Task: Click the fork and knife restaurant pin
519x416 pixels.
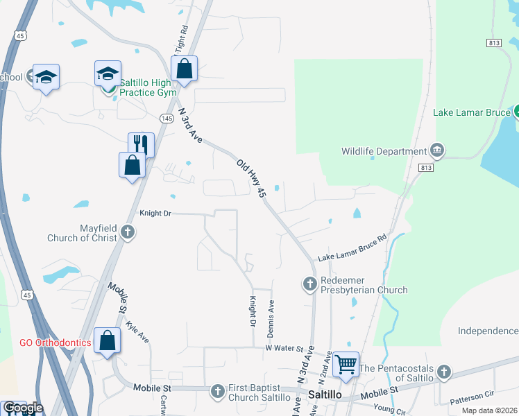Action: tap(141, 144)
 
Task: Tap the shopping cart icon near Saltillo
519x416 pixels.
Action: tap(346, 363)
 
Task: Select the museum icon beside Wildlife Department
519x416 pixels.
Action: tap(437, 150)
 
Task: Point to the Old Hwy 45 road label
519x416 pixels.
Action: tap(252, 180)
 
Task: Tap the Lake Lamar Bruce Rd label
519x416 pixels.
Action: tap(352, 248)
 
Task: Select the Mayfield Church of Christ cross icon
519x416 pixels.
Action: tap(127, 232)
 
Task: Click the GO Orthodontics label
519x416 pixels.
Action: tap(55, 343)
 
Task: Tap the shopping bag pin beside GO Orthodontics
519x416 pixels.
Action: tap(107, 340)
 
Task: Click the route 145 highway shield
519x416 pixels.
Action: tap(166, 119)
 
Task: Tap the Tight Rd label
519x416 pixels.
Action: tap(183, 40)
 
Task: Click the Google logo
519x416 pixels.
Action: tap(22, 408)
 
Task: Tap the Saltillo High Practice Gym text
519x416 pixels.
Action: tap(148, 87)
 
